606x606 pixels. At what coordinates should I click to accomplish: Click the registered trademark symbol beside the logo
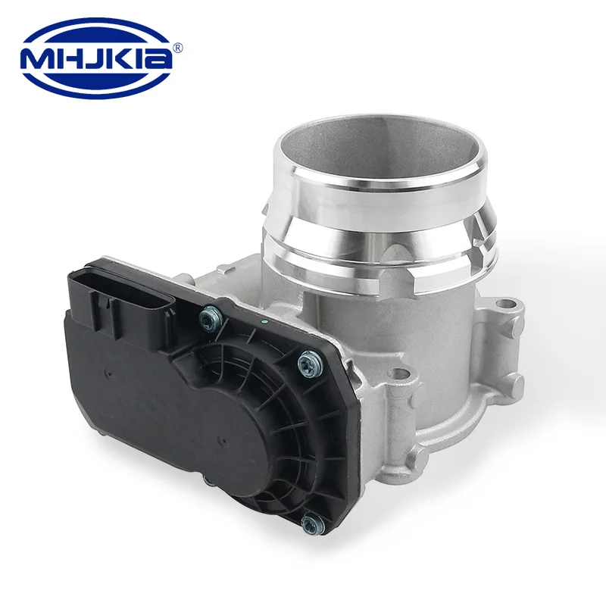click(177, 48)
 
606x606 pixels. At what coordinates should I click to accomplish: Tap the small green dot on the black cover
click(264, 321)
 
